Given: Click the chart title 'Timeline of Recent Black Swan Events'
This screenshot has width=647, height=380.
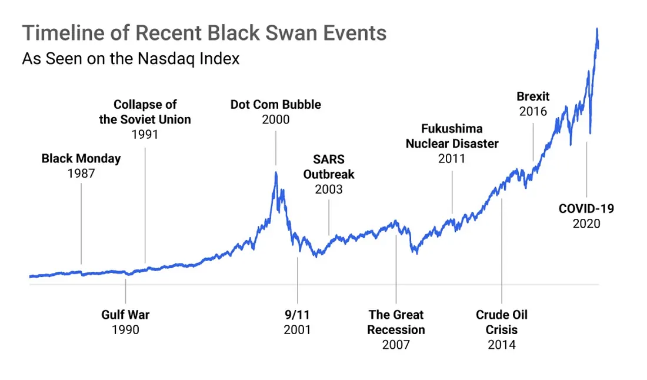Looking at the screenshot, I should (204, 33).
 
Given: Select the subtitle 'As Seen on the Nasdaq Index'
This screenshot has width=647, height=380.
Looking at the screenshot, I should (131, 59).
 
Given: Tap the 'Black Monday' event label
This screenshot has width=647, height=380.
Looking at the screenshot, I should (81, 158).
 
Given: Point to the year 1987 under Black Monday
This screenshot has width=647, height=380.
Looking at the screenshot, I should (81, 174).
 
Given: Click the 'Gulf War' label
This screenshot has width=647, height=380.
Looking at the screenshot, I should (125, 315).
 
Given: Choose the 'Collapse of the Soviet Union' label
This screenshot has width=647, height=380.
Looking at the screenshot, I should (145, 112).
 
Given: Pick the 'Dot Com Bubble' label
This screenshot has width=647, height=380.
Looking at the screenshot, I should (276, 105).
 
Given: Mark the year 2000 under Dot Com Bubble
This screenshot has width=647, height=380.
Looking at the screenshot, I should (276, 119).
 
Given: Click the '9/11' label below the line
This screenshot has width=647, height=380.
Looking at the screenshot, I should (297, 315).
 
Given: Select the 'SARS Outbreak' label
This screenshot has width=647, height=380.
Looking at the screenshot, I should (329, 167).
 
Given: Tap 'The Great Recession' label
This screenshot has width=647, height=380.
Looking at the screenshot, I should (396, 322).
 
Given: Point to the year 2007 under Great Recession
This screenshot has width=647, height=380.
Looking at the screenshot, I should (396, 344).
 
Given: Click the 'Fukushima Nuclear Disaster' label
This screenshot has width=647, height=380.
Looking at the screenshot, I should (452, 136).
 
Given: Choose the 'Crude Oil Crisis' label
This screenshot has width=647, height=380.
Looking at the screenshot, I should (502, 322).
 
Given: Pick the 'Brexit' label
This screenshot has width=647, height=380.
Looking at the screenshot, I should (533, 96).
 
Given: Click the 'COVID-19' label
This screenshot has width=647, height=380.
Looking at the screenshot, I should (586, 208).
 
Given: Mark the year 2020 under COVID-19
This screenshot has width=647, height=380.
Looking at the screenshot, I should (586, 224).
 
